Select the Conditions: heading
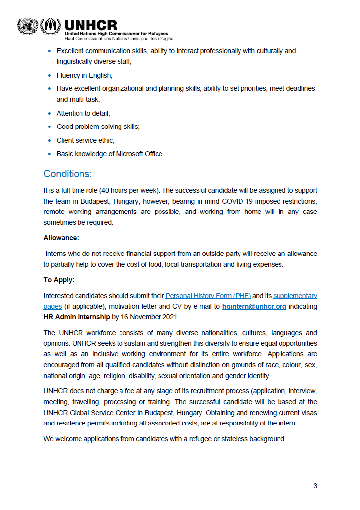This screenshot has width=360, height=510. click(68, 174)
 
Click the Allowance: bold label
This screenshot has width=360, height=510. click(61, 238)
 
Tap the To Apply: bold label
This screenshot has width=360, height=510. click(59, 280)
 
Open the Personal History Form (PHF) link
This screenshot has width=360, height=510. click(208, 296)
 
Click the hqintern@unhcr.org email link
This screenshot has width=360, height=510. click(254, 306)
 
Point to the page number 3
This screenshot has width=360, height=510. click(315, 486)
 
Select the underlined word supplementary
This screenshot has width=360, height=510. click(295, 296)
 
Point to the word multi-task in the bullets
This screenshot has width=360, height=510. click(84, 99)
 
